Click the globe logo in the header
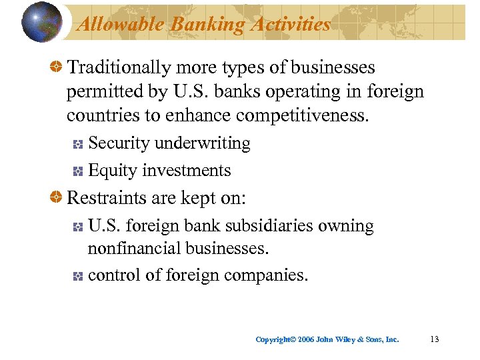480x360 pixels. point(42,22)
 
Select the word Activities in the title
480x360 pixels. point(290,25)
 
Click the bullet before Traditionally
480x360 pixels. point(58,68)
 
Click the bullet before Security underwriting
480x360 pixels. point(77,144)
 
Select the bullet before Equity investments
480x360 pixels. point(77,171)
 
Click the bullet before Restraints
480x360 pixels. point(58,199)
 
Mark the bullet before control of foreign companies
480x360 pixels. point(77,276)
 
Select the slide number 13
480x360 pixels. point(435,339)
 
